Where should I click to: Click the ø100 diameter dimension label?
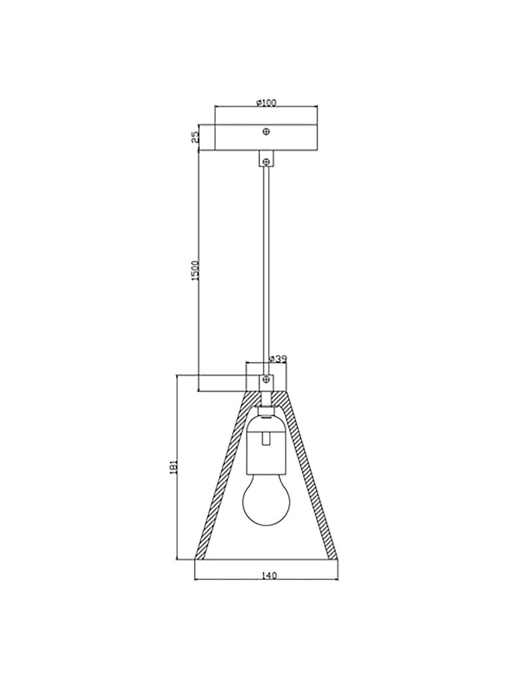pos(267,103)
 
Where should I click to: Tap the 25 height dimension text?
pos(195,137)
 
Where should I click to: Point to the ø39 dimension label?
pos(279,359)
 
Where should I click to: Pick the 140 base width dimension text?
pos(269,575)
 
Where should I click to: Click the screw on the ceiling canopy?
pos(266,132)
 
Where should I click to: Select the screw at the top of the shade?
pos(266,379)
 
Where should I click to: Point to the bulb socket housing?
pos(265,448)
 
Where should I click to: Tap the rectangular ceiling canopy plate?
pos(242,137)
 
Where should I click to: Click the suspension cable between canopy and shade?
pos(266,261)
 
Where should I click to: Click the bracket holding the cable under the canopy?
pos(266,159)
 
